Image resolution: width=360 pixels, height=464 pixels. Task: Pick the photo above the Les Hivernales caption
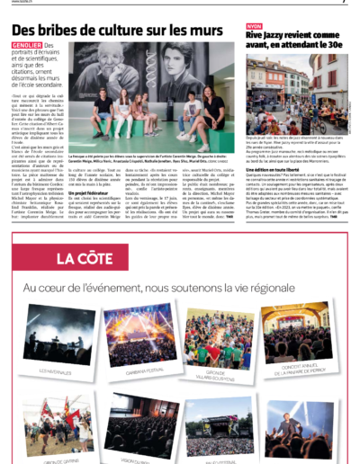[x=53, y=317]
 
